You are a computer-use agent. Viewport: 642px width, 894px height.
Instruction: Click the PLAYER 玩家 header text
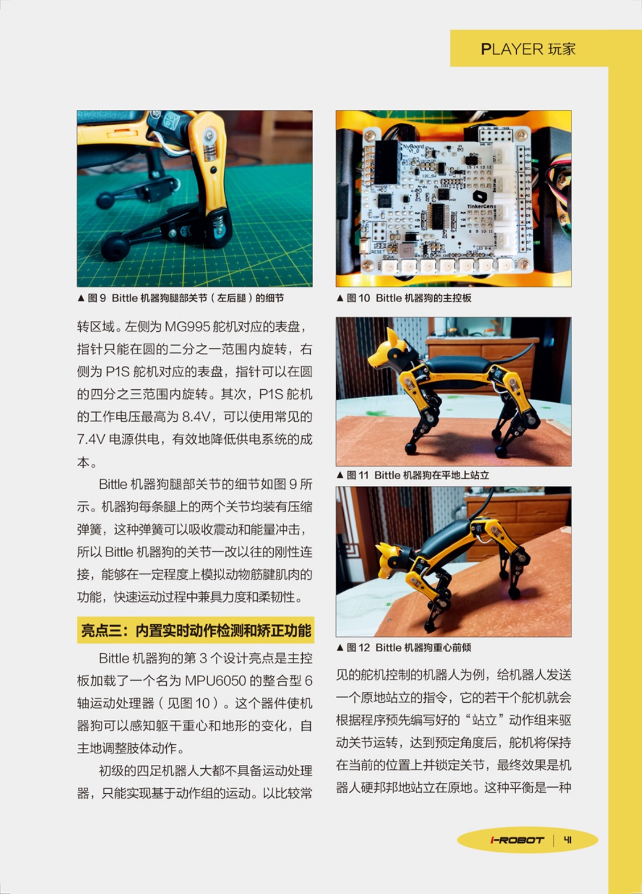pos(528,49)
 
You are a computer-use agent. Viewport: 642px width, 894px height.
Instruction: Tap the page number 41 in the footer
pos(567,840)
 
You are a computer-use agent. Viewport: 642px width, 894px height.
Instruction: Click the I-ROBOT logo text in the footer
pos(517,840)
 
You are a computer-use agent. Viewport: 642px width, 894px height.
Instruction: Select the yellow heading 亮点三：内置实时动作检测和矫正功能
pos(196,630)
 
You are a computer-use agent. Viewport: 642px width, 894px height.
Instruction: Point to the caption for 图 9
pos(180,298)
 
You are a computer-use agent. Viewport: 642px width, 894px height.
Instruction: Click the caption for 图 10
pos(404,298)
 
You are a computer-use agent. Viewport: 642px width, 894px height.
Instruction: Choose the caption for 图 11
pos(413,475)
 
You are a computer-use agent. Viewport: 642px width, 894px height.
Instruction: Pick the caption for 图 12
pos(404,648)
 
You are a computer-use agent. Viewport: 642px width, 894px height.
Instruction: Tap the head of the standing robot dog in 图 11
pos(389,351)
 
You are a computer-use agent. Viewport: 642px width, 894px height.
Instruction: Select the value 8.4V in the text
pos(196,417)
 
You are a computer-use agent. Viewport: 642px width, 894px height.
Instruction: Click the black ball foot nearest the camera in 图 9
pos(114,248)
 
